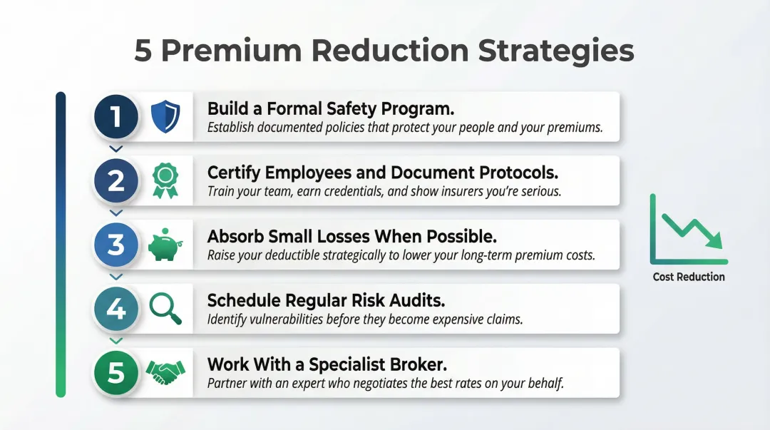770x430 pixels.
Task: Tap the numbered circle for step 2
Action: click(x=116, y=180)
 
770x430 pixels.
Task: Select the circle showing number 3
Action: click(x=116, y=244)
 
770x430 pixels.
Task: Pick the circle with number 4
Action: click(x=116, y=308)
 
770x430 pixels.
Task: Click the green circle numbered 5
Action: click(x=116, y=372)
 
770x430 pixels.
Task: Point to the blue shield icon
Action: click(x=165, y=117)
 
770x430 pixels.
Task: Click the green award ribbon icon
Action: click(x=165, y=180)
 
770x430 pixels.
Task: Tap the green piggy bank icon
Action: click(x=165, y=245)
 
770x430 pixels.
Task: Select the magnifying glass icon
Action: click(x=165, y=309)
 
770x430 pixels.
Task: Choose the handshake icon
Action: click(x=165, y=370)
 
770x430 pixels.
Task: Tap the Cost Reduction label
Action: click(x=689, y=277)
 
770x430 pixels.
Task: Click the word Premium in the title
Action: click(x=232, y=51)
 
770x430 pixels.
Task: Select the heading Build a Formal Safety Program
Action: click(x=331, y=108)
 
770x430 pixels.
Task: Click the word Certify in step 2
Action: click(x=234, y=173)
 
